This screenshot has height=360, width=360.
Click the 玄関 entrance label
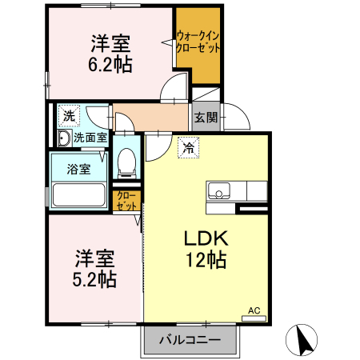point(206,118)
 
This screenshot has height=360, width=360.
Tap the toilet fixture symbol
point(126,162)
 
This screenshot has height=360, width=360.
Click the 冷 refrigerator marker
point(188,147)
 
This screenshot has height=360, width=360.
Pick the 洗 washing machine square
point(69,115)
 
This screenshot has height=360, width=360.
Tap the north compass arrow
point(304,340)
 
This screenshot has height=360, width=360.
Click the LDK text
point(208,238)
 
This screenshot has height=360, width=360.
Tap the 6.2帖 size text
point(110,63)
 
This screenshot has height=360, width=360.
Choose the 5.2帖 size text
point(95,279)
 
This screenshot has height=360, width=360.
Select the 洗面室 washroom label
point(90,138)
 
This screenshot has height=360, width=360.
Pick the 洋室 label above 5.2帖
point(95,258)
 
